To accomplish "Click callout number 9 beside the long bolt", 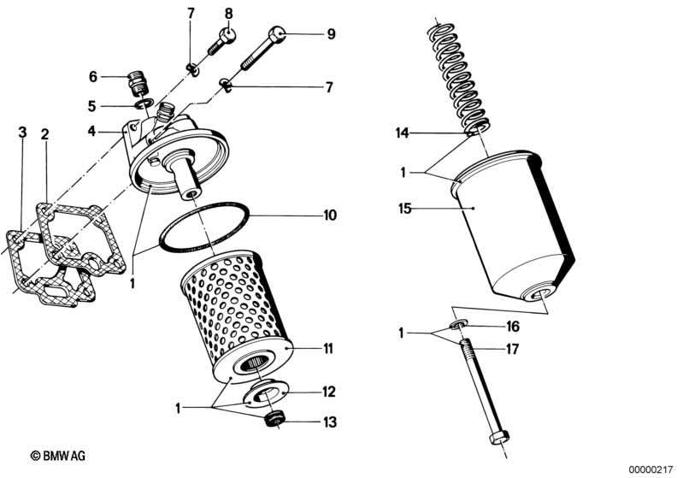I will pos(330,35).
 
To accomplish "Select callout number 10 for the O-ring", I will pos(330,215).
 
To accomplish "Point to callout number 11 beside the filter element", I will pos(329,349).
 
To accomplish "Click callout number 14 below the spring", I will pos(402,133).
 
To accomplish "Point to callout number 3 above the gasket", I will pos(23,133).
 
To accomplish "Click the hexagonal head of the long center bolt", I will pos(499,440).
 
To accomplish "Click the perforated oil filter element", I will pos(235,316).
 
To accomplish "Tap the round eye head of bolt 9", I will pos(275,35).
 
